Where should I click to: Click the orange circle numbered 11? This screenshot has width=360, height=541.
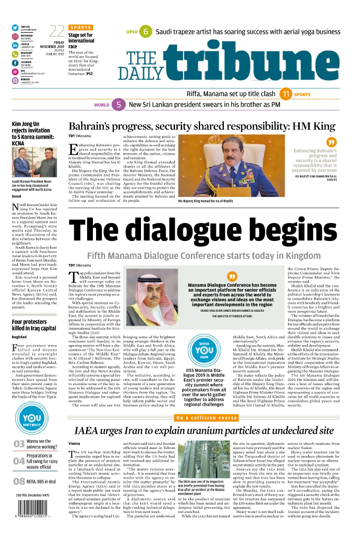(286, 94)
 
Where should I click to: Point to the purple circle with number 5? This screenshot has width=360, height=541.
(119, 105)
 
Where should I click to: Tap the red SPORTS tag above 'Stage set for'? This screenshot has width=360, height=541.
(80, 27)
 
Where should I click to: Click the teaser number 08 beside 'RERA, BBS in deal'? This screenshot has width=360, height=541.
(19, 481)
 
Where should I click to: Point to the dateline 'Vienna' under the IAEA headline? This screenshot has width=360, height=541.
(74, 443)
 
